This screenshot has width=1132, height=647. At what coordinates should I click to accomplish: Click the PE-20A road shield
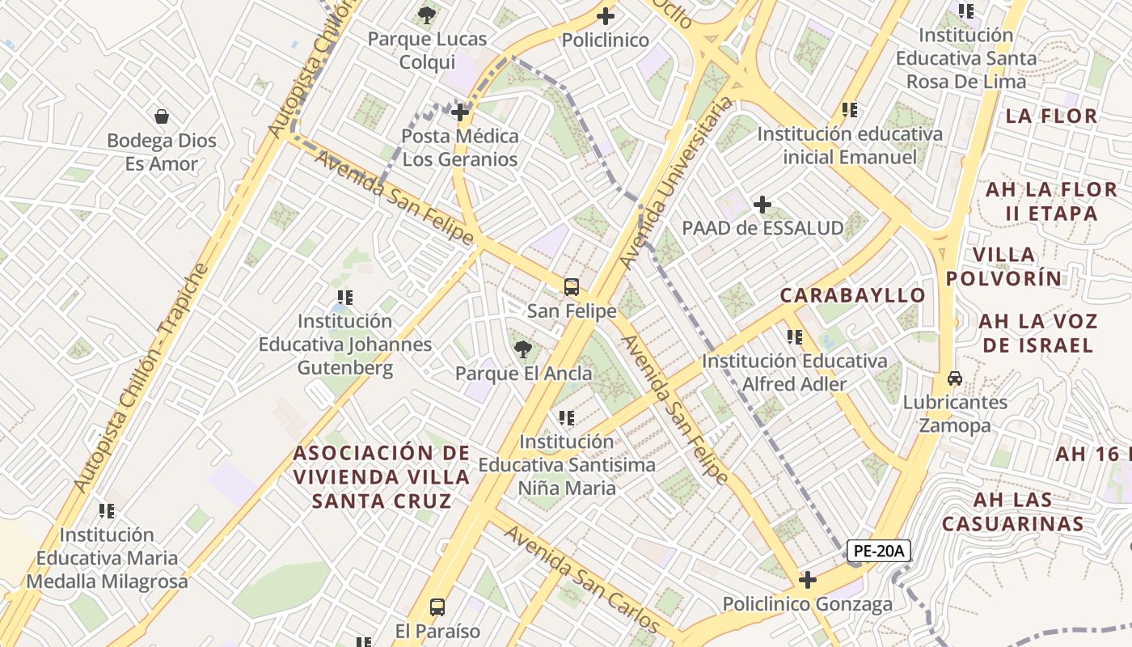pos(879,552)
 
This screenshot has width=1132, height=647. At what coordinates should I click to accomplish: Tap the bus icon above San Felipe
pos(572,286)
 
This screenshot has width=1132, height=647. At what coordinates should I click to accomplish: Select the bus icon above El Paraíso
pos(437,607)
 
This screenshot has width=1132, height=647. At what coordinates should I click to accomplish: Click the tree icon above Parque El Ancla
pos(523,349)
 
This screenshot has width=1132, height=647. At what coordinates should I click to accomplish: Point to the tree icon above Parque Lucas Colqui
pos(427,15)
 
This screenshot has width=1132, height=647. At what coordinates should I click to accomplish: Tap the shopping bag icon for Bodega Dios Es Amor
pos(162,116)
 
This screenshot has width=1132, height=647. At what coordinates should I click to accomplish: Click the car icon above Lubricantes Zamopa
pos(955,378)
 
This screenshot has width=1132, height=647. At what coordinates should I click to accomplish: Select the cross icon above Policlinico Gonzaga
pos(807,580)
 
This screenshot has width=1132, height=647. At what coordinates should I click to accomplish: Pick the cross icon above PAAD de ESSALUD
pos(762,205)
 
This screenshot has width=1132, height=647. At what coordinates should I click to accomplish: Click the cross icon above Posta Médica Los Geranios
pos(460,112)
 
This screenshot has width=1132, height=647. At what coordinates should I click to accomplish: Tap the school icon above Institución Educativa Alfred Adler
pos(794,336)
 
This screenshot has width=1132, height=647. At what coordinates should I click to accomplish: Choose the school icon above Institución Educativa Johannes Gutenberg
pos(345,298)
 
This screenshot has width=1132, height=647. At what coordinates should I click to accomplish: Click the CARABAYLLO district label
pos(852,295)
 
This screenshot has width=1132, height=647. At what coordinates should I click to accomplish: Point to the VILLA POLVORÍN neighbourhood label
pos(1003,267)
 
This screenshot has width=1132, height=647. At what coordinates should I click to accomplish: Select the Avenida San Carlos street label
pos(581,576)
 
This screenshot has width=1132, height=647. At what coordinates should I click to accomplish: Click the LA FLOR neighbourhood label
pos(1051,116)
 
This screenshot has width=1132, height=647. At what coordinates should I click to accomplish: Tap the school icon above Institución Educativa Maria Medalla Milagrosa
pos(107,511)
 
